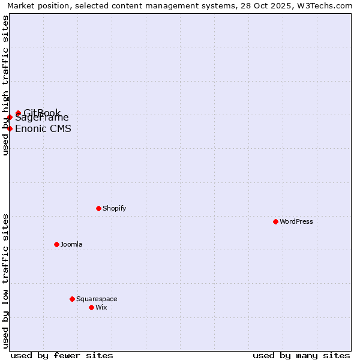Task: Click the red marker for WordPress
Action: (275, 221)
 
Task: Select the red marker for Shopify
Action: (98, 208)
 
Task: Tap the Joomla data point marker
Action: (56, 244)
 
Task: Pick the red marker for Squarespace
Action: (72, 299)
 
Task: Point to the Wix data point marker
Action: (91, 307)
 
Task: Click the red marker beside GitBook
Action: (18, 113)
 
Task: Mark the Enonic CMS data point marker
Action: (10, 128)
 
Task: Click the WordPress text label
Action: (296, 221)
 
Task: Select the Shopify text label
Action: (114, 208)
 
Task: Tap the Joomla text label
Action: (71, 244)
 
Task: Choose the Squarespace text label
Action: (97, 299)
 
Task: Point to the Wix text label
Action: (101, 307)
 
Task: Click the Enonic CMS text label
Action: (43, 128)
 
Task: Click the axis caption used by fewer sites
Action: (62, 355)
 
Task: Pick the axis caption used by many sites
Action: (301, 355)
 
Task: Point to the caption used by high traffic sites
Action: (5, 85)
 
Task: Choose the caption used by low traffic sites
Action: (5, 281)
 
